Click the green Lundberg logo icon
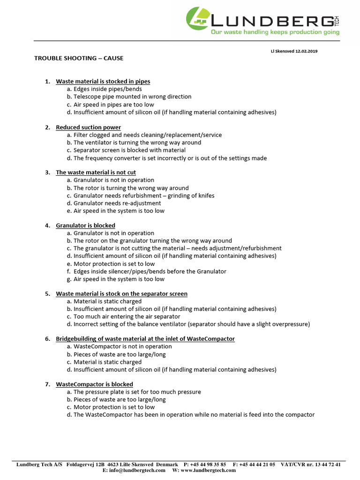point(197,18)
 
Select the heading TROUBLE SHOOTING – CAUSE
point(79,59)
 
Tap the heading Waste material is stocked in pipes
point(103,82)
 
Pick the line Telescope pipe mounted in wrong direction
point(132,97)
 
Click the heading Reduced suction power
point(88,127)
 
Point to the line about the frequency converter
point(170,158)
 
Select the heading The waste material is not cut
point(96,172)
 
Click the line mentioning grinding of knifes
point(144,195)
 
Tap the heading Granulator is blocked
point(85,225)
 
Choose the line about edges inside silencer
point(150,271)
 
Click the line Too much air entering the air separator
point(127,316)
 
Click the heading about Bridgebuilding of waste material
point(145,339)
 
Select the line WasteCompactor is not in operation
point(122,346)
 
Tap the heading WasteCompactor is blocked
point(94,384)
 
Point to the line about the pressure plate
point(137,392)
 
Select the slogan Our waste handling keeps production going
point(275,32)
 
